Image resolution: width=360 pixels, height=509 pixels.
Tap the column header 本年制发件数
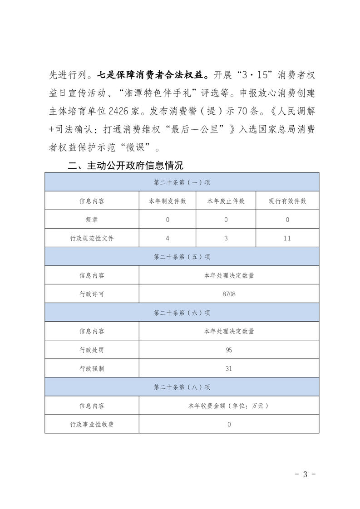(x=168, y=201)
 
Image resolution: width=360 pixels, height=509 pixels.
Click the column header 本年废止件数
(x=226, y=201)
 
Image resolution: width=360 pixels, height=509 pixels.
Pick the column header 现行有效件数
(x=287, y=201)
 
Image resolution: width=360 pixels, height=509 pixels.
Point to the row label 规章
(x=92, y=220)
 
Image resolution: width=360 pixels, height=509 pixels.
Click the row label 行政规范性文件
(x=92, y=238)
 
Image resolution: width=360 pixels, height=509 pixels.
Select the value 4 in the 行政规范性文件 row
(x=168, y=238)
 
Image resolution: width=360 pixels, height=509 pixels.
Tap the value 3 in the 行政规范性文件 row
(x=226, y=238)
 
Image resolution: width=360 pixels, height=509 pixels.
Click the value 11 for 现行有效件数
(x=287, y=238)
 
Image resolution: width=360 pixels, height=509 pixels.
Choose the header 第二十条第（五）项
(x=182, y=257)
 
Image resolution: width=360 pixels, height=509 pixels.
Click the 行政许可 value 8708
(x=229, y=294)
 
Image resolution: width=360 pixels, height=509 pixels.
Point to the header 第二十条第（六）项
(x=182, y=313)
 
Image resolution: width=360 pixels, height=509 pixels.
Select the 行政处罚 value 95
(x=229, y=350)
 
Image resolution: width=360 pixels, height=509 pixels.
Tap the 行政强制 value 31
(x=229, y=369)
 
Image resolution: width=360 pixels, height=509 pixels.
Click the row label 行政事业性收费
(x=92, y=424)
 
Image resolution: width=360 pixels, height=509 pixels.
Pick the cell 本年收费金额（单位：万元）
(x=229, y=406)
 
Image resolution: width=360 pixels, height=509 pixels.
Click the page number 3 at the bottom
(x=305, y=475)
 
